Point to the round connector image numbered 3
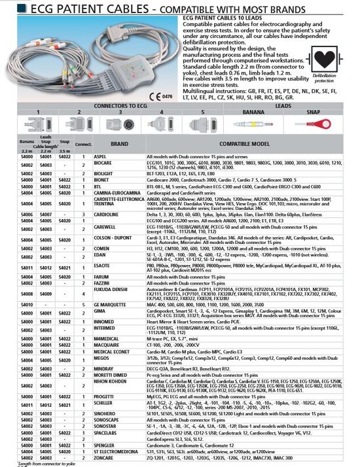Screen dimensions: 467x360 point(120,122)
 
